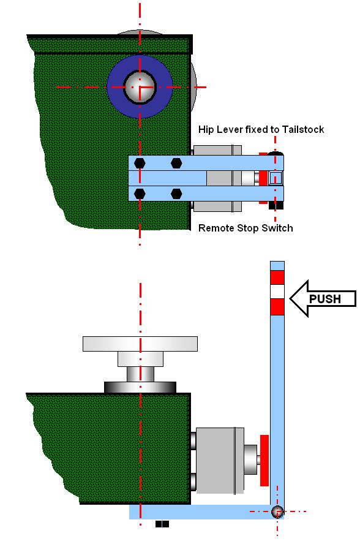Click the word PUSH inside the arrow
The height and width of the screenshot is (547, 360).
pos(324,299)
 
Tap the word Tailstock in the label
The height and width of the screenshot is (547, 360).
pos(303,129)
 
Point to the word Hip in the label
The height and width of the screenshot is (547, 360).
pos(206,130)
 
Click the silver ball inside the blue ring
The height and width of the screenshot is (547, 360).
pos(140,87)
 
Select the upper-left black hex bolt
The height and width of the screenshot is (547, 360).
pos(140,163)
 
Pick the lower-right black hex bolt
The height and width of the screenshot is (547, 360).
pos(176,194)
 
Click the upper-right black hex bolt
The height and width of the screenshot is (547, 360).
pos(176,163)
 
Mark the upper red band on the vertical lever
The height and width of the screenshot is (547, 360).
pos(277,277)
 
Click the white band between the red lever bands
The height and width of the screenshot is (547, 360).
pos(277,292)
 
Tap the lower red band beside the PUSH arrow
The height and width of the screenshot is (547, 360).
pos(277,307)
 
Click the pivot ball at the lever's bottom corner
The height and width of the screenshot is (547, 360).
pos(277,511)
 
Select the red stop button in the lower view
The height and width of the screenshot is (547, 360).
pos(264,461)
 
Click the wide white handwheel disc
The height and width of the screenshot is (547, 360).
pos(140,344)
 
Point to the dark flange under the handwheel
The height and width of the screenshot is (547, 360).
pos(140,387)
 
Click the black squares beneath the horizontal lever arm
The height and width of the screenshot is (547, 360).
pos(162,524)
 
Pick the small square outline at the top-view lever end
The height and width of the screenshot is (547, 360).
pos(276,178)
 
